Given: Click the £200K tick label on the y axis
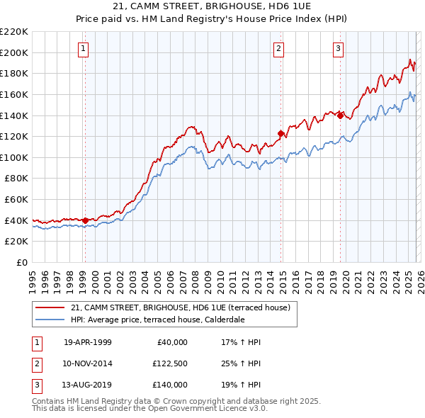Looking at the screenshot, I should [x=14, y=52].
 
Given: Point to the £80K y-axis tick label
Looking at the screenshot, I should [x=16, y=179].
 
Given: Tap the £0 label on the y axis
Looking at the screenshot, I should [x=22, y=263].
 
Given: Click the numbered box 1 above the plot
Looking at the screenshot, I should [x=84, y=49].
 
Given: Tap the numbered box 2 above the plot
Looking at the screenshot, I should [x=278, y=49].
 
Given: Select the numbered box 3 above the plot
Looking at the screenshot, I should [x=338, y=49].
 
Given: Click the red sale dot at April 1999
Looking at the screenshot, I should [x=86, y=220].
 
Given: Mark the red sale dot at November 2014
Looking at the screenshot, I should [x=280, y=133].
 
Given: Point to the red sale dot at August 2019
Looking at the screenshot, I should [x=340, y=115].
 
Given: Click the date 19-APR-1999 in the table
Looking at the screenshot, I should [x=88, y=342].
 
